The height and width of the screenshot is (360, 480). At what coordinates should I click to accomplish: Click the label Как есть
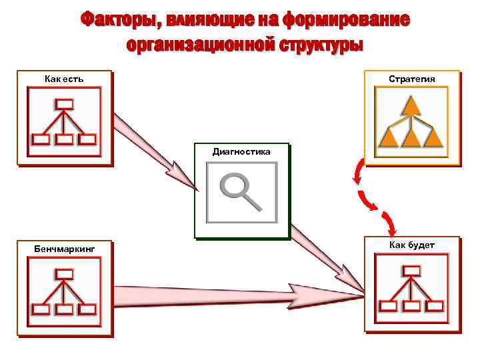pyautogui.click(x=64, y=80)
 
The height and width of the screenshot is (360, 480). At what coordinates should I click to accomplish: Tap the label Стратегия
pyautogui.click(x=412, y=79)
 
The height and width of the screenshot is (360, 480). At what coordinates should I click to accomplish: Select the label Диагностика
pyautogui.click(x=241, y=152)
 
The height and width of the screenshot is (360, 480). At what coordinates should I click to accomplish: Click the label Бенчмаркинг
pyautogui.click(x=65, y=249)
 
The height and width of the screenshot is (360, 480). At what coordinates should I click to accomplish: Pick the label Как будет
pyautogui.click(x=412, y=245)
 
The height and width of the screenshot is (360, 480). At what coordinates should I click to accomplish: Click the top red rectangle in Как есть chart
pyautogui.click(x=64, y=104)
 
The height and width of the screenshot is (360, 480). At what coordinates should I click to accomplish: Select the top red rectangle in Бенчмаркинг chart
pyautogui.click(x=64, y=274)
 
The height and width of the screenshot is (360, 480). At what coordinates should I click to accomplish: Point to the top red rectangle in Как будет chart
pyautogui.click(x=412, y=270)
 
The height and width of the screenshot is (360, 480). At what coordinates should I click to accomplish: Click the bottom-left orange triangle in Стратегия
pyautogui.click(x=389, y=138)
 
